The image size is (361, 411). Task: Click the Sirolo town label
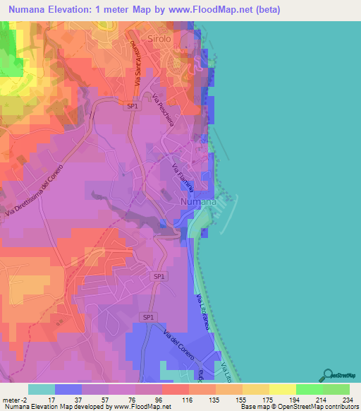click(159, 39)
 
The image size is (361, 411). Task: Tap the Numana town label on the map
click(198, 202)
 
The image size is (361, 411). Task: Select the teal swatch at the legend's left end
click(42, 389)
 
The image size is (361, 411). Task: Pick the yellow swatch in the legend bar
click(283, 389)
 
